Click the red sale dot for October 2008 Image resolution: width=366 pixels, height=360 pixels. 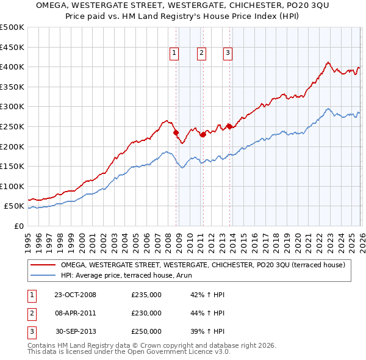pos(176,132)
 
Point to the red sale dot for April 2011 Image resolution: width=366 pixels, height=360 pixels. pos(203,135)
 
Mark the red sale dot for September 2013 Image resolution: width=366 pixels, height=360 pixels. pos(229,126)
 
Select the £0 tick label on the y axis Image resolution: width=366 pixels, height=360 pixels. pos(18,226)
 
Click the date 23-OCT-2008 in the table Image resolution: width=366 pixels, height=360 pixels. pos(75,295)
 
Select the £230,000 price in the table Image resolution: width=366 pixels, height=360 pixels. pos(146,313)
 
